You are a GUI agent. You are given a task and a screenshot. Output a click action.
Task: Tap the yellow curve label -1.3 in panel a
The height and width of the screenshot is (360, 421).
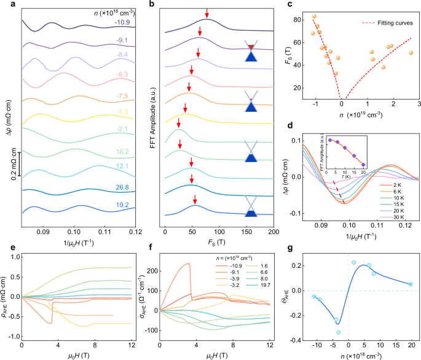pos(123,111)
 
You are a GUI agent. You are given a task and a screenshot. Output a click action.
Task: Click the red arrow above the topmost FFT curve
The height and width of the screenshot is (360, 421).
pos(207,13)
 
